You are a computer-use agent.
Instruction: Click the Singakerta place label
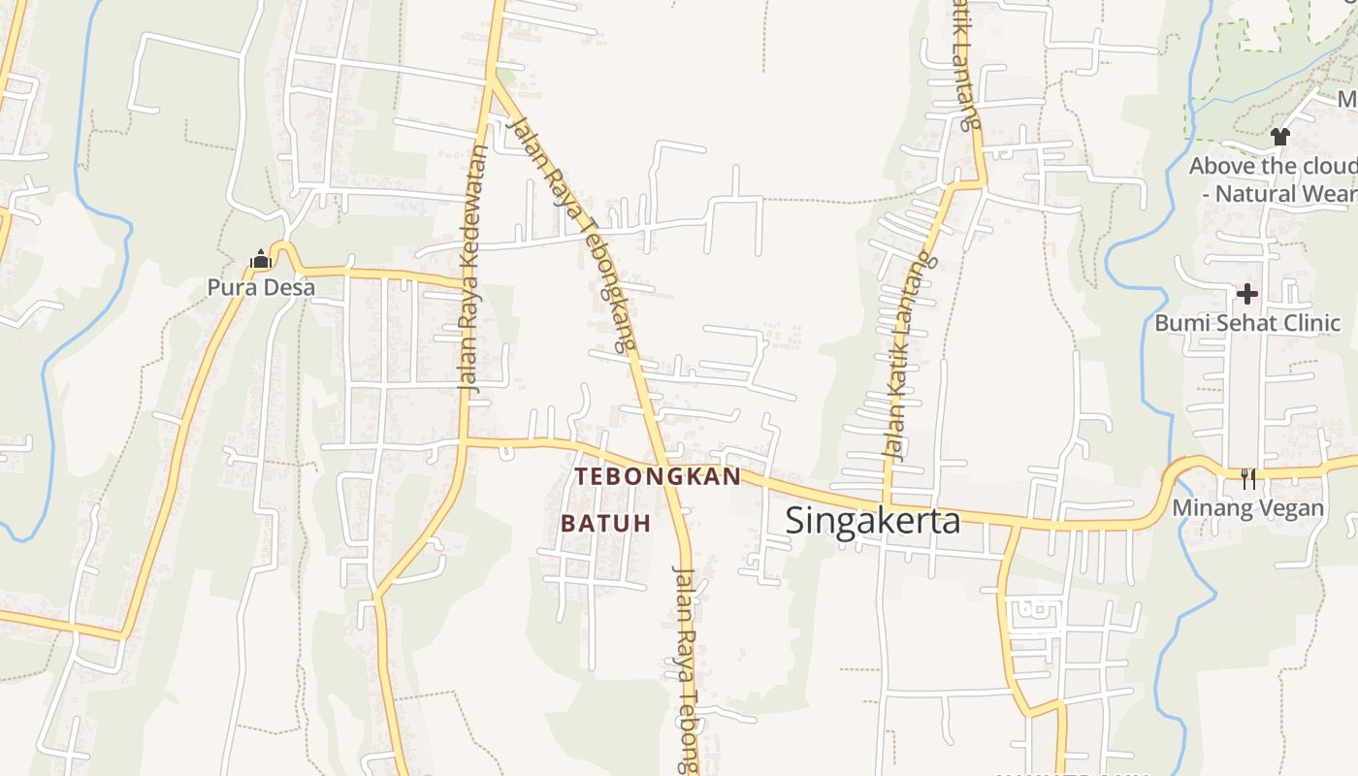tap(872, 521)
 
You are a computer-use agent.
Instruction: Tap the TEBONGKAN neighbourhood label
tap(658, 476)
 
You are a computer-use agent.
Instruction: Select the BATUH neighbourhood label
tap(605, 523)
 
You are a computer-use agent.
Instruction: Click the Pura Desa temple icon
tap(260, 259)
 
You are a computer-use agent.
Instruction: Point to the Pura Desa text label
tap(261, 287)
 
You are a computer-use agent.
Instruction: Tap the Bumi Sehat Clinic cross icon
tap(1247, 293)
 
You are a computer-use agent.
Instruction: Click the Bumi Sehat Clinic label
tap(1247, 323)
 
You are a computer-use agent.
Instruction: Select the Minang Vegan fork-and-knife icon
tap(1248, 478)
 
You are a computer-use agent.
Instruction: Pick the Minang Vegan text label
tap(1247, 507)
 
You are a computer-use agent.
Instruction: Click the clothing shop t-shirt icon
tap(1280, 137)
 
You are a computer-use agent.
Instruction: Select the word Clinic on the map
tap(1310, 323)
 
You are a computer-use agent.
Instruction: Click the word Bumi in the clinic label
tap(1178, 323)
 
